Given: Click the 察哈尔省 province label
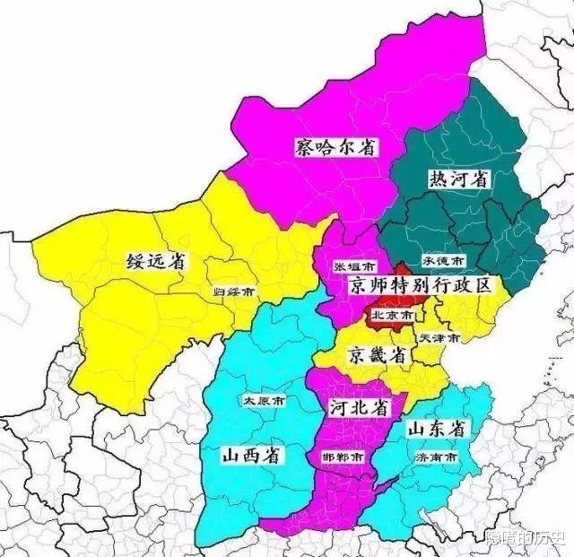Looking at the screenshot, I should point(335,146).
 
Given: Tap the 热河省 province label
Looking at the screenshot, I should point(458,178).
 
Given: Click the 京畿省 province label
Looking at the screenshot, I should point(378,354).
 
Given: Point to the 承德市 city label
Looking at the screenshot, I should point(445,261).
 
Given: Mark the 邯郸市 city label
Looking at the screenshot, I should point(344,457).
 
